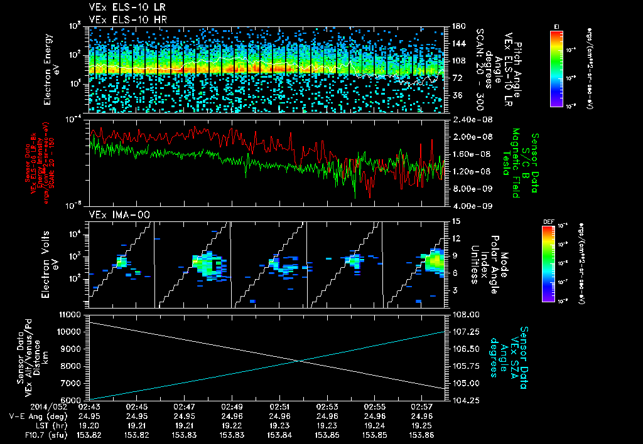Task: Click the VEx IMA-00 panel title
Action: click(x=111, y=215)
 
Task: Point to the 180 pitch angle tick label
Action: click(x=457, y=26)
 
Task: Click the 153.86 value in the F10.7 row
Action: click(x=421, y=434)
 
